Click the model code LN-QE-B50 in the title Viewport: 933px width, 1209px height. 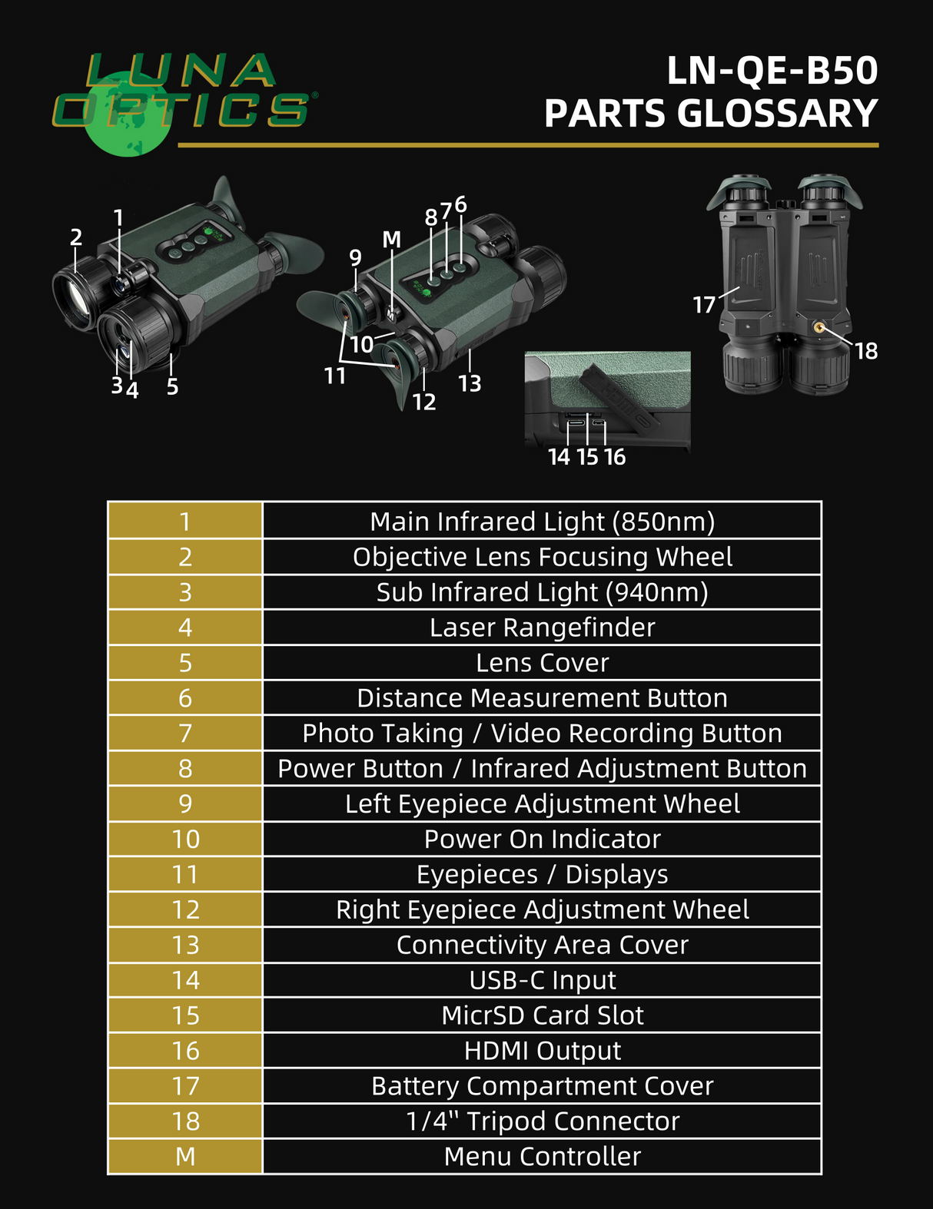click(772, 71)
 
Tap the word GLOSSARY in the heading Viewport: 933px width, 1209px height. click(777, 114)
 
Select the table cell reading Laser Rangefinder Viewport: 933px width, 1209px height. click(542, 628)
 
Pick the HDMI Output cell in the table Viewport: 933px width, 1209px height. click(542, 1050)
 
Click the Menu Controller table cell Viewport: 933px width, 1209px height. click(542, 1156)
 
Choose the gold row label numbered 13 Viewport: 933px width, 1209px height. click(185, 945)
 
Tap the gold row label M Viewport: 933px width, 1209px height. click(185, 1156)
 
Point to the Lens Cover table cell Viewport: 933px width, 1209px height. click(542, 663)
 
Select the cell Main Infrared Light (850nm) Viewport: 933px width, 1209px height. click(542, 522)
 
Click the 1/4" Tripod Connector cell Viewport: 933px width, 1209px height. click(542, 1121)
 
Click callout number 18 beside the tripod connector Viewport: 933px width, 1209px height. click(866, 352)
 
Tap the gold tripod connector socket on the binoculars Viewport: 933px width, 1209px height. click(819, 328)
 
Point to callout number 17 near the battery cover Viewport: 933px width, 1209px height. click(704, 305)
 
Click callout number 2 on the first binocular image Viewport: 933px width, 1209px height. click(75, 237)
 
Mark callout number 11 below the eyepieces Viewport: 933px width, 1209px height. click(335, 376)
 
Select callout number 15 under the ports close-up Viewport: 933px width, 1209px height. click(587, 457)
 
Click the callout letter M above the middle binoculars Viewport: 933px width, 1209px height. click(392, 240)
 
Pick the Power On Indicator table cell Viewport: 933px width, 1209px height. click(542, 839)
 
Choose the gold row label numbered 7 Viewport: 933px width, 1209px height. click(185, 734)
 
